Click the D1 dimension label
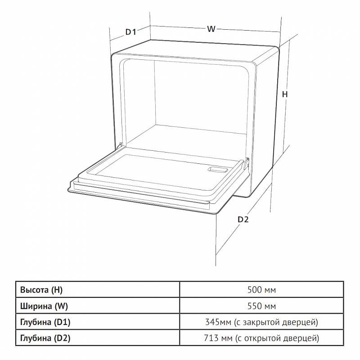131,32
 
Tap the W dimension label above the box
211,29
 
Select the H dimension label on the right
285,94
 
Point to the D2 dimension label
243,220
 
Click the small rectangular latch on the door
217,170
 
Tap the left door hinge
119,146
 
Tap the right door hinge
246,163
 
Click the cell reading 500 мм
261,290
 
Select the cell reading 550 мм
261,306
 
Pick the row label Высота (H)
41,290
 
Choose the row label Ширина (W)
44,306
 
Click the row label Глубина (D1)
45,322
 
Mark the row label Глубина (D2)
45,338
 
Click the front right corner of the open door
216,214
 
